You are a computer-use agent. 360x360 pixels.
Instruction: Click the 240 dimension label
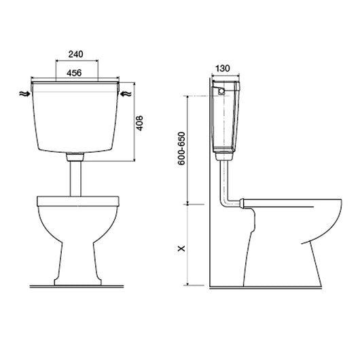(x=76, y=54)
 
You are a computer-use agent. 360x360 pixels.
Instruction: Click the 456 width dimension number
(x=74, y=73)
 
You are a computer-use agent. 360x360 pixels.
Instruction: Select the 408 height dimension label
(x=139, y=123)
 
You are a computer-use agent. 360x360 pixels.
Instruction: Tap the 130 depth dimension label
(x=223, y=68)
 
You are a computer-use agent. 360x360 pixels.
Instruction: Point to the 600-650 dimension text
(x=181, y=149)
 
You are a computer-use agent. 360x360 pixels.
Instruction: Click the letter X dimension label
(x=181, y=248)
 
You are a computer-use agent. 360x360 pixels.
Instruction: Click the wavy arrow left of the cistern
(x=24, y=94)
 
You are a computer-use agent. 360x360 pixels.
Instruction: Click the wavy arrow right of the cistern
(x=126, y=94)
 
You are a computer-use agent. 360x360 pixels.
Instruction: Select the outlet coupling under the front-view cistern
(x=75, y=157)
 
